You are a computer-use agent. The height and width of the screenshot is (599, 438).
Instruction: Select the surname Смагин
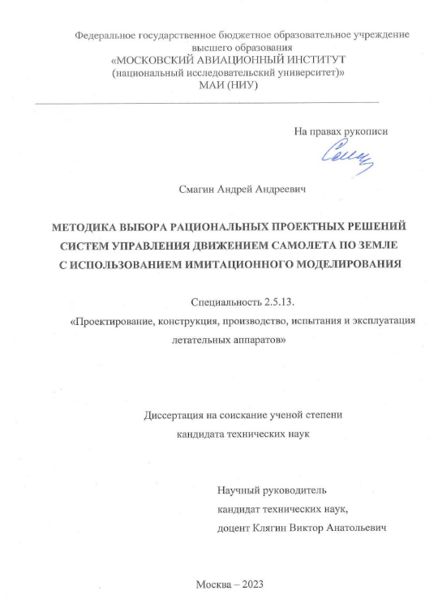[196, 188]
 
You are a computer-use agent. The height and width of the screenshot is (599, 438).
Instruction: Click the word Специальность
[225, 302]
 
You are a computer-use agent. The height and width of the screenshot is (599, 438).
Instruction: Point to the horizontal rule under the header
[207, 103]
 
